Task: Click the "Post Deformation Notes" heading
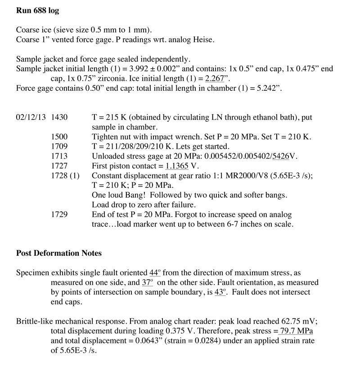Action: (x=59, y=253)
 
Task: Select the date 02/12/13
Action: (x=31, y=117)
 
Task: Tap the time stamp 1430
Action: (x=60, y=117)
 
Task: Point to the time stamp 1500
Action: (x=60, y=137)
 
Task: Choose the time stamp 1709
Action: (x=60, y=147)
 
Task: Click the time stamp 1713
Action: (x=60, y=156)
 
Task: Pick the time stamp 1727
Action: (x=60, y=166)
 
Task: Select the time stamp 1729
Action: (x=60, y=214)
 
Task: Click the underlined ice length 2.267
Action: (x=214, y=78)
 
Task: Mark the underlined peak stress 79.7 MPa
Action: (x=296, y=331)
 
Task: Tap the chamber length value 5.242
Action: (x=264, y=88)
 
